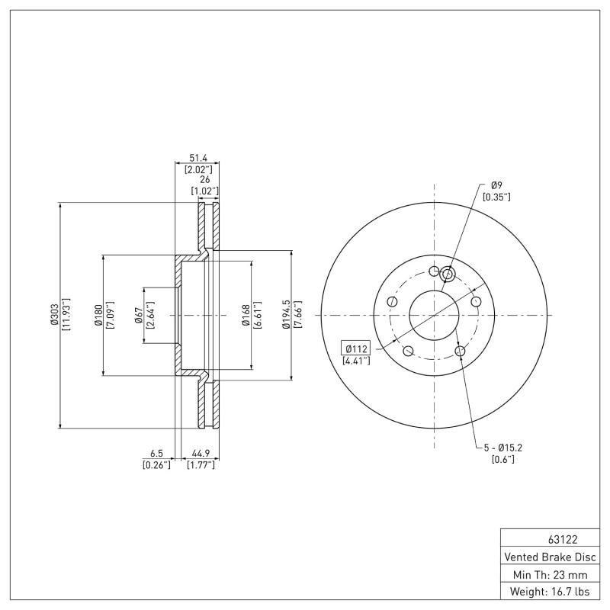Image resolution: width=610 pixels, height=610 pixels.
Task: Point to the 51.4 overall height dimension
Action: (197, 157)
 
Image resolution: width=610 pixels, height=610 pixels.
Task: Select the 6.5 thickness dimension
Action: (156, 453)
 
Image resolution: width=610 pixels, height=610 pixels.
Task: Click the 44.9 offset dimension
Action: (201, 453)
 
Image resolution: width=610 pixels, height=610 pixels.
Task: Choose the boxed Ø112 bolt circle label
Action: (355, 348)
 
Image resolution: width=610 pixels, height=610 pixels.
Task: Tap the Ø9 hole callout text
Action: (496, 185)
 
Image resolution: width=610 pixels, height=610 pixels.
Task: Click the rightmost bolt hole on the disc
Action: (477, 302)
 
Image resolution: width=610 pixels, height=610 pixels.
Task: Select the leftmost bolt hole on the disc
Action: (392, 302)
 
